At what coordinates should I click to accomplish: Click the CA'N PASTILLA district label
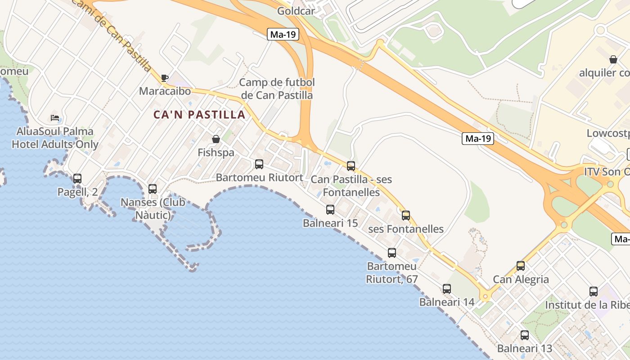click(x=199, y=115)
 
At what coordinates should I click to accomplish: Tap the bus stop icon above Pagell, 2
click(x=77, y=179)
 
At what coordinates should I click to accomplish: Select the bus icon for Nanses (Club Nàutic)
click(x=153, y=189)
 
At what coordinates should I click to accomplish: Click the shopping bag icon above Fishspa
click(x=216, y=139)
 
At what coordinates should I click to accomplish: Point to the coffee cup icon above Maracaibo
click(x=165, y=78)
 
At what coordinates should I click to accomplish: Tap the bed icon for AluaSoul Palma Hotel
click(x=55, y=118)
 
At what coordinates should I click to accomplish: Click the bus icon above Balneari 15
click(x=330, y=210)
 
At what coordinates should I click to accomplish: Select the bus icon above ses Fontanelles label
click(x=406, y=216)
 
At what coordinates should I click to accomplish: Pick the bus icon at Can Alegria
click(x=521, y=266)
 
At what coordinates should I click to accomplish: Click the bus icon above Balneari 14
click(x=447, y=289)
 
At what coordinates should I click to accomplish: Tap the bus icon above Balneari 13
click(x=525, y=335)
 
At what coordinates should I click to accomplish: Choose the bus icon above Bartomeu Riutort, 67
click(x=392, y=253)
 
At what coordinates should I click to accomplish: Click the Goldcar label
click(x=296, y=11)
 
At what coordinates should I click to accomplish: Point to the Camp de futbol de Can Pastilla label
click(x=277, y=89)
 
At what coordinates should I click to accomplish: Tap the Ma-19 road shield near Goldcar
click(x=283, y=34)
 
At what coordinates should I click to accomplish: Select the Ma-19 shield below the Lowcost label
click(x=478, y=139)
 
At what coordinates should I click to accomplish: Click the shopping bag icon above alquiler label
click(x=613, y=59)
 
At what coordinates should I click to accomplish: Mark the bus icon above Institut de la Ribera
click(x=594, y=292)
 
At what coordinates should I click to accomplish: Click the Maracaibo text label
click(x=165, y=91)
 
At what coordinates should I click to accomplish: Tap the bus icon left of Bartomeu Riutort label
click(x=259, y=164)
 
